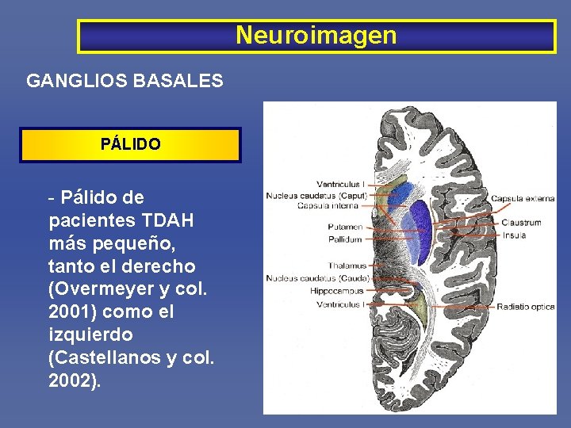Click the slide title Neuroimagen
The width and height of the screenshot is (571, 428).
point(316,36)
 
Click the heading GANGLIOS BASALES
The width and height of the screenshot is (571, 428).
point(125,81)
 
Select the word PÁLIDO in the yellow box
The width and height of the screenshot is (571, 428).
point(130,145)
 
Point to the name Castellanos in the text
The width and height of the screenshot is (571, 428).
point(107,358)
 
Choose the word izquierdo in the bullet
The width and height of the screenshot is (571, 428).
point(90,335)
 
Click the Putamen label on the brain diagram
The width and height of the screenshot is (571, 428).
point(345,227)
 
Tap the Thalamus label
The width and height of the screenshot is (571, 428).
point(347,266)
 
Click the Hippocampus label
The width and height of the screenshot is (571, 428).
point(337,291)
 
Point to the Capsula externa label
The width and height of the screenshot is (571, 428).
point(523,198)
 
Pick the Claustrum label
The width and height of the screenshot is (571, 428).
point(521,223)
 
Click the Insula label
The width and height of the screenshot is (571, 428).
point(513,235)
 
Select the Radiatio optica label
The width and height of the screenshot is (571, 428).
point(526,307)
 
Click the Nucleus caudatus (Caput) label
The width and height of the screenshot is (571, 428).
point(316,195)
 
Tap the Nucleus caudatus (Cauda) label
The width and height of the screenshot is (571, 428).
point(316,278)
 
